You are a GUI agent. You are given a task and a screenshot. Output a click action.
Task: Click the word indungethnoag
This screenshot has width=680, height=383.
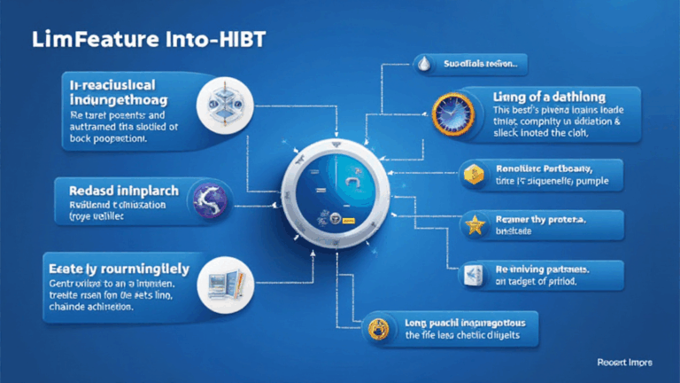click(126, 99)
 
